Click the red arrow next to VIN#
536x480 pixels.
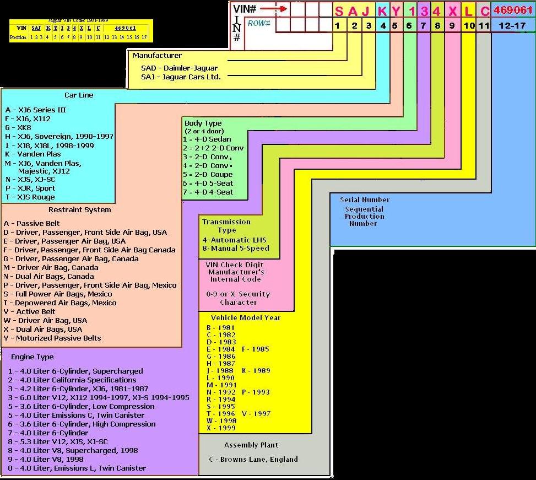point(273,9)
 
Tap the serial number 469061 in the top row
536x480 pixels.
point(512,10)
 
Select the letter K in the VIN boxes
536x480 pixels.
point(382,11)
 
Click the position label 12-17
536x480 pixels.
point(512,25)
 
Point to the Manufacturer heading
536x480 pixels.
point(157,55)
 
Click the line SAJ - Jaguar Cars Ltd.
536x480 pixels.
point(181,77)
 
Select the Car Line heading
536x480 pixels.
point(79,95)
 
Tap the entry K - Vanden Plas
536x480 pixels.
point(33,154)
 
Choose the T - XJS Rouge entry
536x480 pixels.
point(30,197)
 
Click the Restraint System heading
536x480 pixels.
point(79,209)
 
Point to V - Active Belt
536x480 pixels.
point(30,311)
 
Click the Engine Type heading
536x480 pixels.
point(33,357)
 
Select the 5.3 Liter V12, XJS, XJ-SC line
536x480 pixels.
point(58,441)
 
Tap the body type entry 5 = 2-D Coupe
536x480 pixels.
point(208,175)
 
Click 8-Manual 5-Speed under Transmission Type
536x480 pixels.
point(235,249)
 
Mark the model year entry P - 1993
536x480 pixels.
point(256,392)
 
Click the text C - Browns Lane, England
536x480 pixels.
point(253,459)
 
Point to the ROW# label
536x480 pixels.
point(259,23)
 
